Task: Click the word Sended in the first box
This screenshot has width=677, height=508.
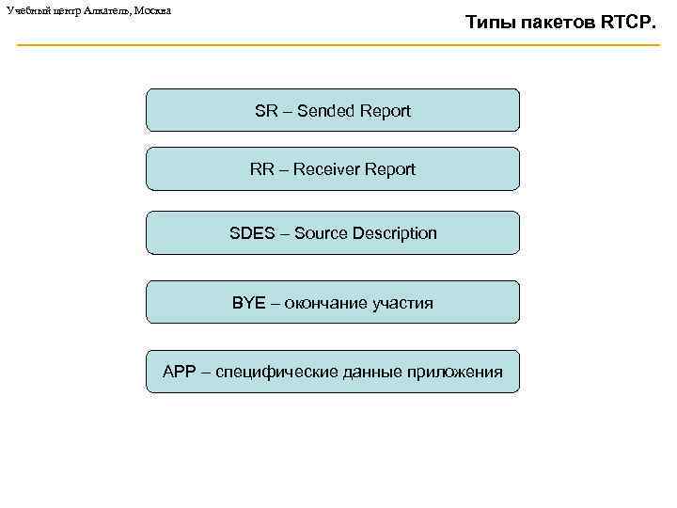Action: point(329,111)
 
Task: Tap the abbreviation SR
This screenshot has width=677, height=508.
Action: point(265,111)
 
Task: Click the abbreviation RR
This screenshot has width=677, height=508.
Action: point(261,169)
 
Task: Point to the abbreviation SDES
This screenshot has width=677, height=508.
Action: point(249,233)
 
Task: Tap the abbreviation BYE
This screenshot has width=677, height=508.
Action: point(249,303)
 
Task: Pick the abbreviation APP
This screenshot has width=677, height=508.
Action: point(179,372)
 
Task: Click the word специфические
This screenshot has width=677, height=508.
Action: point(273,372)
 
